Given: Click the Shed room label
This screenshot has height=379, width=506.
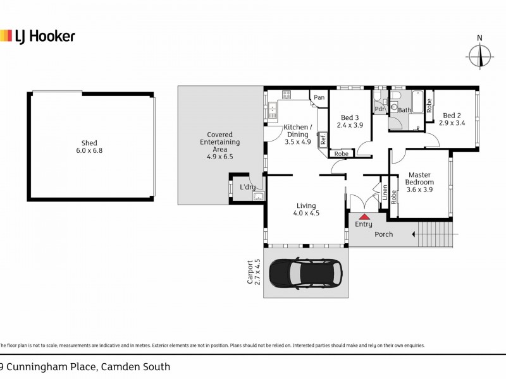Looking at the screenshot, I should click(x=89, y=143).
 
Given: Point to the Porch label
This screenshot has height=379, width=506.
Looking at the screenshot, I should click(x=383, y=234).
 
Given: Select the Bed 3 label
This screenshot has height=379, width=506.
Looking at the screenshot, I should click(x=349, y=117).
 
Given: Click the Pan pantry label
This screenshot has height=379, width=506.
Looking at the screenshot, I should click(x=319, y=97).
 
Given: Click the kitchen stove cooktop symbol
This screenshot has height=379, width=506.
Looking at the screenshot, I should click(x=286, y=95).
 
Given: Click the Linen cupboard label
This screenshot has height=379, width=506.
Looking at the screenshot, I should click(x=384, y=193).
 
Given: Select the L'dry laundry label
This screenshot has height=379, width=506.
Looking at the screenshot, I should click(x=247, y=187).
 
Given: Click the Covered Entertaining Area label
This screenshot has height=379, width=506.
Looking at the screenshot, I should click(x=220, y=145).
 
